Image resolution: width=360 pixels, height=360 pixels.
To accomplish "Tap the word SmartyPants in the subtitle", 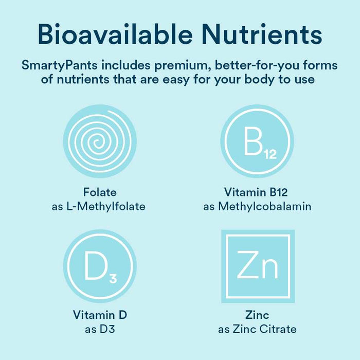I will (x=60, y=65).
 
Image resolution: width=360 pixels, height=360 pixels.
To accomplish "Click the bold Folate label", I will (x=100, y=193).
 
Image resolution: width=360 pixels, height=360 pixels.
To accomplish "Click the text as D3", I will (x=100, y=329).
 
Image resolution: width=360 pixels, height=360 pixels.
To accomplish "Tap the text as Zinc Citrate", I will (x=258, y=329).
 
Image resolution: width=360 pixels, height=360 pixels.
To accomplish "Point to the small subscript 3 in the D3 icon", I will (x=113, y=279).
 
